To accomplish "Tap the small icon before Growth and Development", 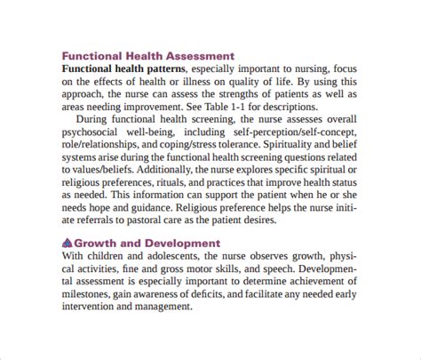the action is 68,243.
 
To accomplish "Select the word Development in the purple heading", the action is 179,243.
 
